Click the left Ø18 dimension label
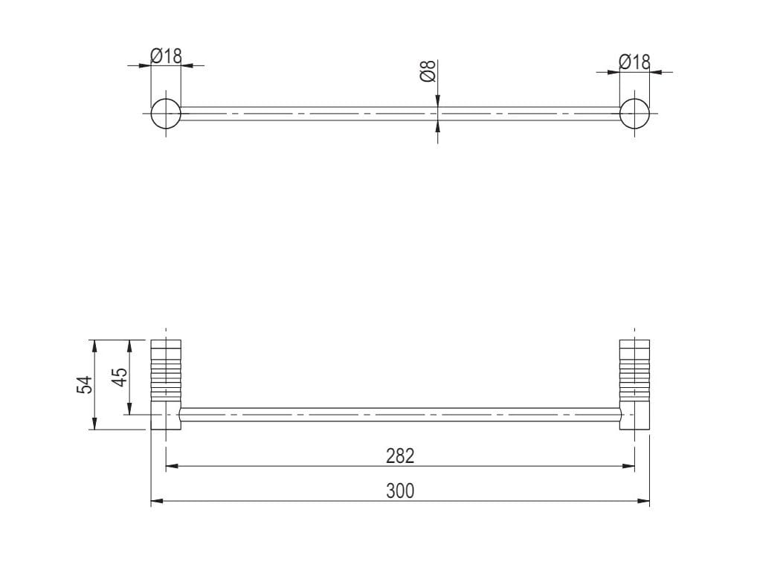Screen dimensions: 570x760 [166, 55]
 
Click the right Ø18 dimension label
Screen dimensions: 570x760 [634, 62]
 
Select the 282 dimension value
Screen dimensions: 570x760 [399, 456]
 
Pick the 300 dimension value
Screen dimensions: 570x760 [399, 490]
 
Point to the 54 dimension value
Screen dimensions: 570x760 [85, 384]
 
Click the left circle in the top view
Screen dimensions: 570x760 [166, 113]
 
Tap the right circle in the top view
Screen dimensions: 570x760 [634, 113]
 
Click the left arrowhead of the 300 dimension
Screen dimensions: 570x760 [156, 502]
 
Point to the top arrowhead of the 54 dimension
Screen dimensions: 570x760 [94, 345]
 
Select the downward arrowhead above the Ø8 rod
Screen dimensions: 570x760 [438, 102]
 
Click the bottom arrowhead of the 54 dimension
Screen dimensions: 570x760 [94, 424]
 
